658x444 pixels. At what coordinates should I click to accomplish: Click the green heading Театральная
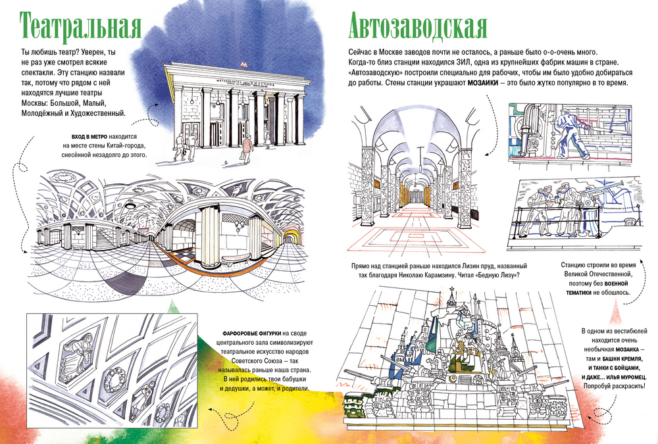pyautogui.click(x=82, y=26)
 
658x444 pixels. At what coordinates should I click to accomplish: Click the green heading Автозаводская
pyautogui.click(x=418, y=26)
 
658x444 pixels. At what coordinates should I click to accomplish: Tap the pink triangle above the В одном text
pyautogui.click(x=615, y=309)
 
